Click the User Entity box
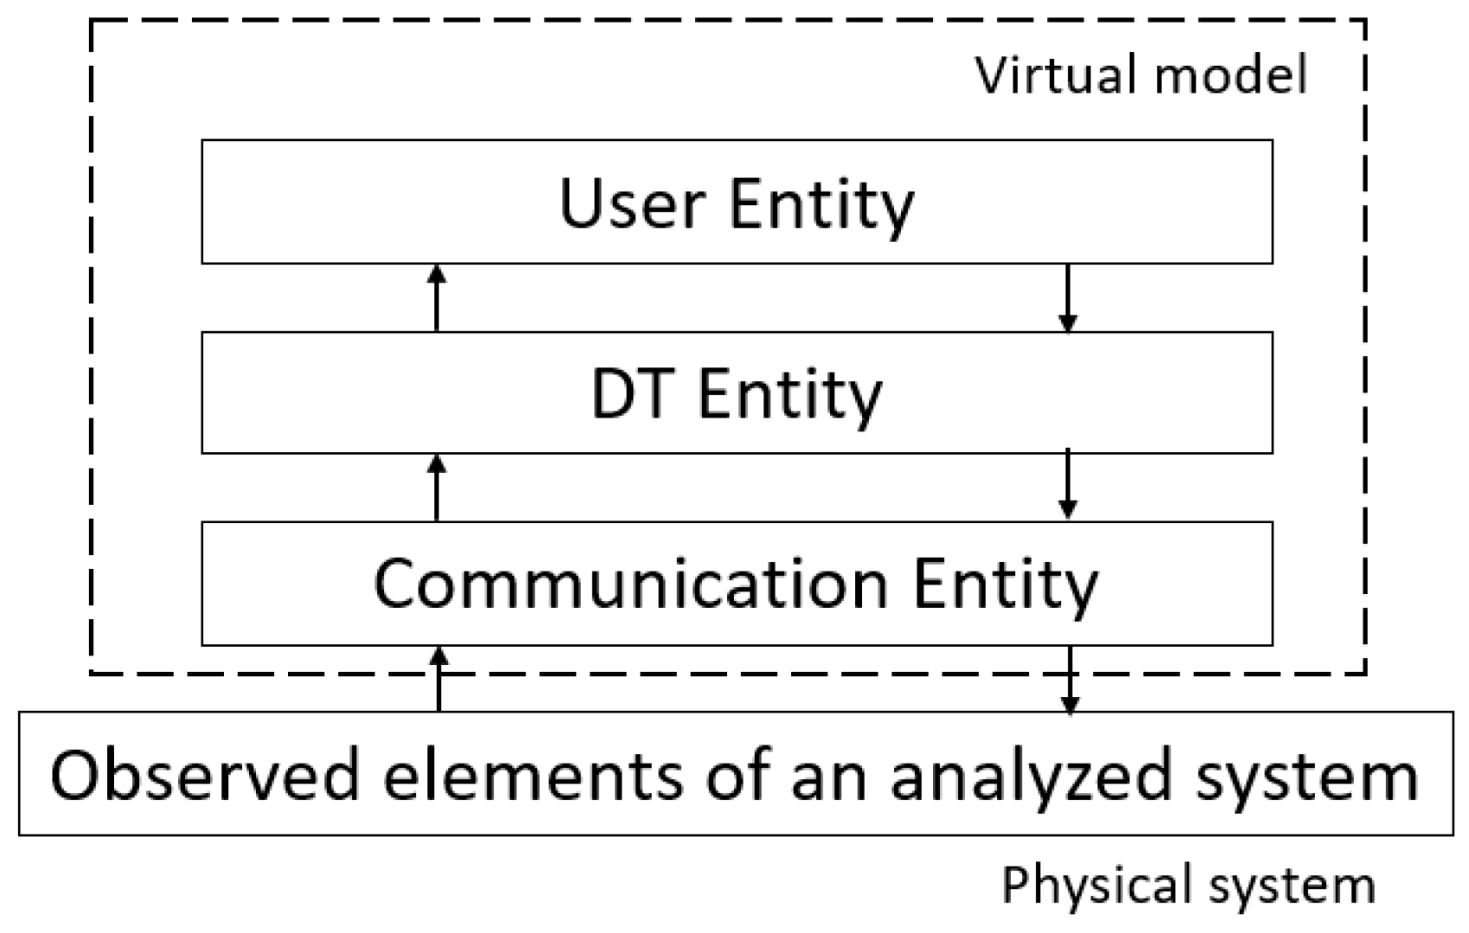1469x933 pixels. (x=737, y=201)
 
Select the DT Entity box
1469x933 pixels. (x=737, y=393)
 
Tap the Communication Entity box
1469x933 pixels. (x=737, y=584)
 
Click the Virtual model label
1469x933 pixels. (x=1141, y=75)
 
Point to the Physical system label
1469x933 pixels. (x=1188, y=885)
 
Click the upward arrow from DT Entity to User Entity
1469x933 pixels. (x=437, y=297)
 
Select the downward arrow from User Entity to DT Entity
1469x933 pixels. (x=1069, y=297)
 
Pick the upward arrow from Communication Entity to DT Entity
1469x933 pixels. (x=437, y=488)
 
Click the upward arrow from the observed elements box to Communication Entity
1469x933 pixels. (x=439, y=679)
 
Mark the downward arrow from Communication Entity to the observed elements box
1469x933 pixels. (x=1070, y=680)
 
